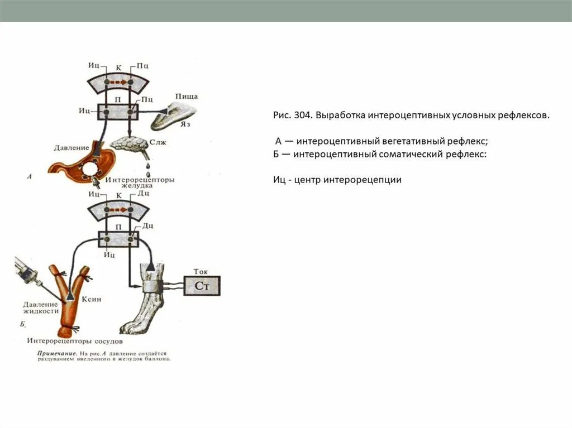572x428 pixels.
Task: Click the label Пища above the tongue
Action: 186,97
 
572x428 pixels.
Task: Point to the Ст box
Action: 202,286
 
